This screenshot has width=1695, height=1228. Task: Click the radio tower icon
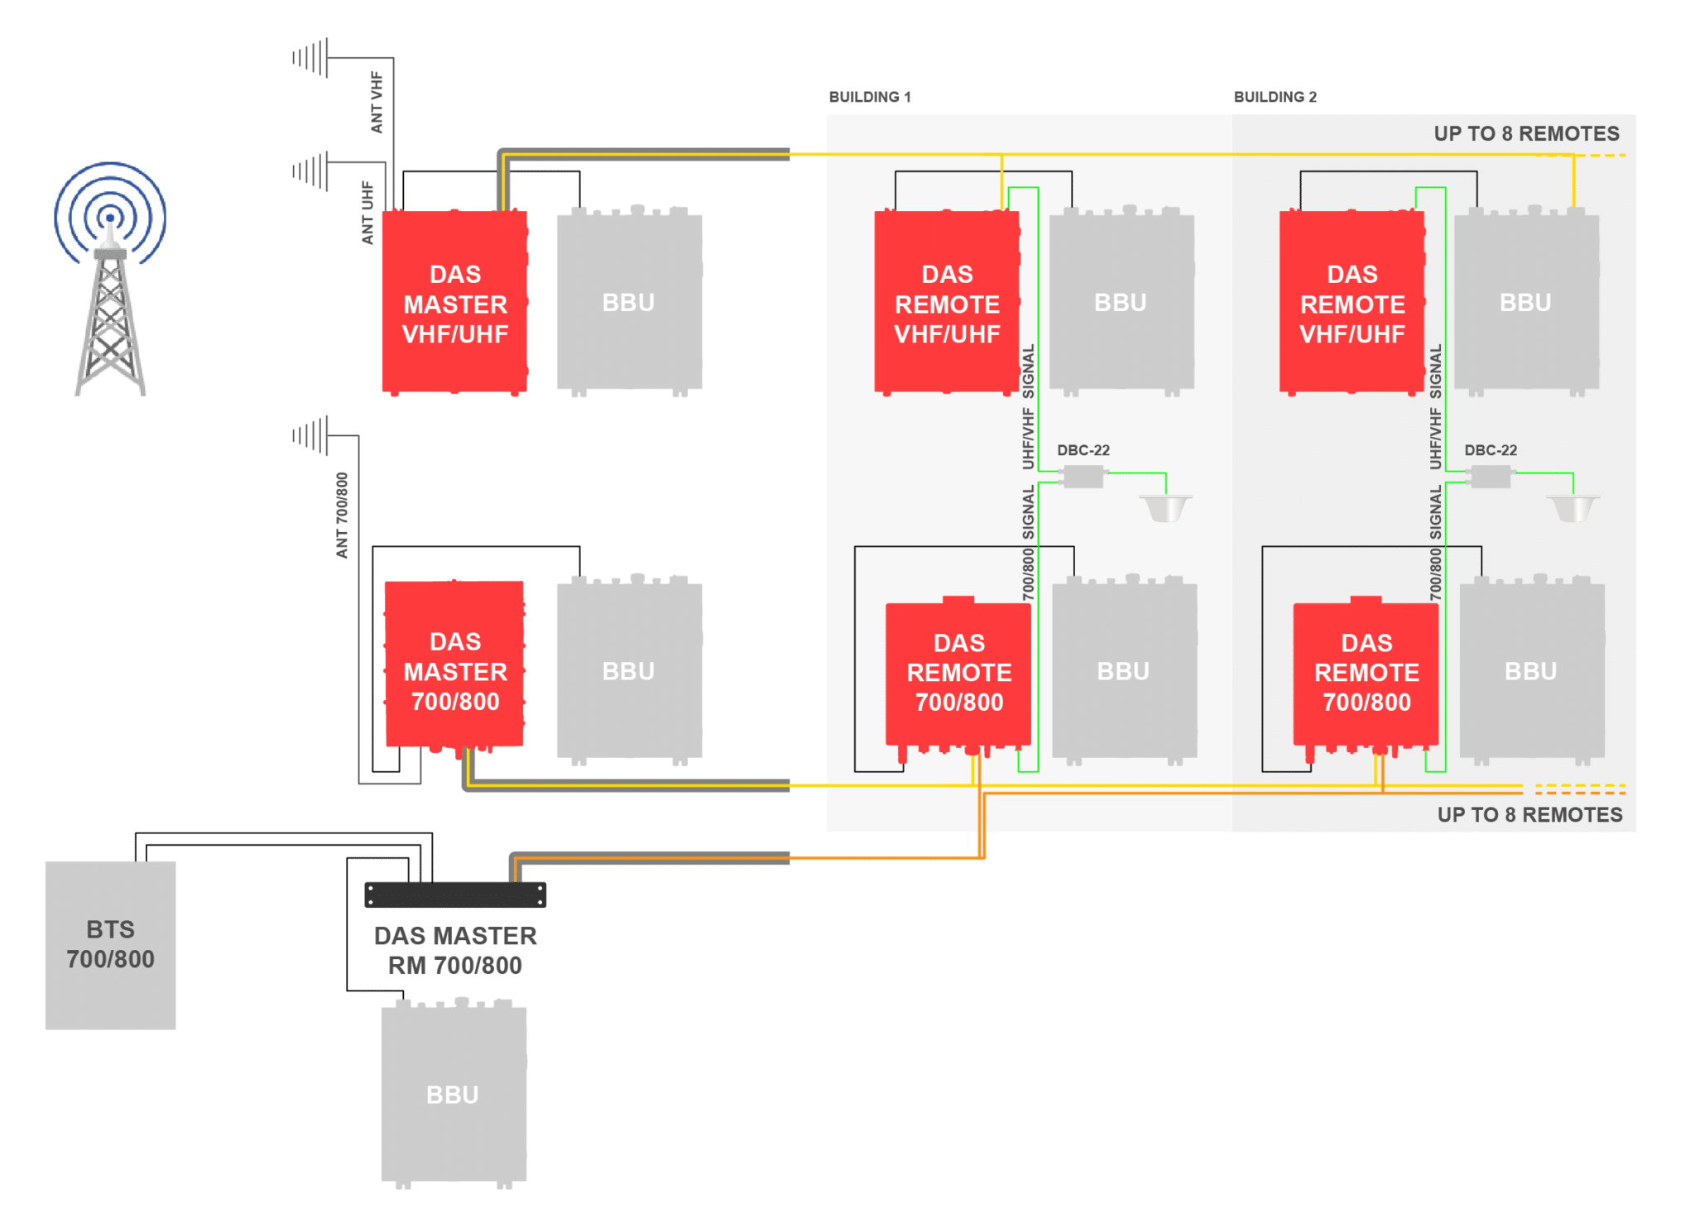[110, 281]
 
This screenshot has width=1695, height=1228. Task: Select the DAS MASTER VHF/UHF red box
[454, 303]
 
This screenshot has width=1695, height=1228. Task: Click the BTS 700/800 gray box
[110, 945]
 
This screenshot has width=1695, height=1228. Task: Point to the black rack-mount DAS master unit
[455, 895]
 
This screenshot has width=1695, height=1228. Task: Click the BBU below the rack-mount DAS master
[453, 1094]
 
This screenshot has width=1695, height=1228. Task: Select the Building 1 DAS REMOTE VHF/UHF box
[947, 303]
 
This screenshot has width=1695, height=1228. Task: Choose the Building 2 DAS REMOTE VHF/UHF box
[1352, 303]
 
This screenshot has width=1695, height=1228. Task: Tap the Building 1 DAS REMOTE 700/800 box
[958, 672]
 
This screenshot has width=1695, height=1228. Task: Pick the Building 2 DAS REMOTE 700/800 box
[1366, 672]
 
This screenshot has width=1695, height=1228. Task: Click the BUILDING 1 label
[869, 97]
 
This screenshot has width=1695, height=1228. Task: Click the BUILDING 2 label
[1275, 97]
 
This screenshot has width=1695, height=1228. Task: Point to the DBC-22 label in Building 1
[1083, 450]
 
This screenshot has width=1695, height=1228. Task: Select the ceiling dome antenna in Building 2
[1573, 507]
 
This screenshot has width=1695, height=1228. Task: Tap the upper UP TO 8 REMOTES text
[1526, 134]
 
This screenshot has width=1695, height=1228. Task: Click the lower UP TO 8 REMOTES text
[1529, 815]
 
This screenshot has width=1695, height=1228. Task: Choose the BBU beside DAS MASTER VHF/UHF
[629, 303]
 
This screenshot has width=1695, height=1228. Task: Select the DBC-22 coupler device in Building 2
[1490, 477]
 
